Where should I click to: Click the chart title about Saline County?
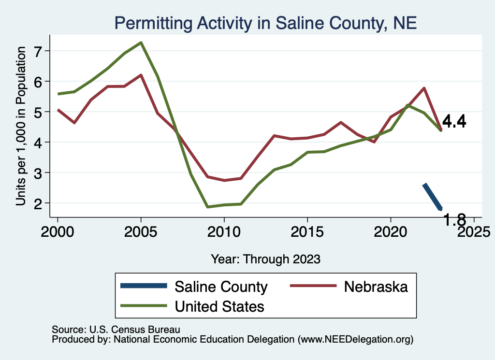(265, 23)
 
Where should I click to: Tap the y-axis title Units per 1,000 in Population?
(20, 126)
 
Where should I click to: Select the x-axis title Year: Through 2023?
(265, 259)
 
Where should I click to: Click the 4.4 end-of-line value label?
(454, 122)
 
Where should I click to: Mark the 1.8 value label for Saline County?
(454, 220)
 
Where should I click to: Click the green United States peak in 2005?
(141, 43)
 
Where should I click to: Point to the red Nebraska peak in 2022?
(424, 88)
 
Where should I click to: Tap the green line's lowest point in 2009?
(207, 207)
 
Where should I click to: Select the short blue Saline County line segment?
(432, 197)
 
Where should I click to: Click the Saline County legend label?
(221, 287)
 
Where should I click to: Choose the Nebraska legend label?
(376, 287)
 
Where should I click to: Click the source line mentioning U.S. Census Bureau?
(116, 330)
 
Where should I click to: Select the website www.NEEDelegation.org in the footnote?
(355, 340)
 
